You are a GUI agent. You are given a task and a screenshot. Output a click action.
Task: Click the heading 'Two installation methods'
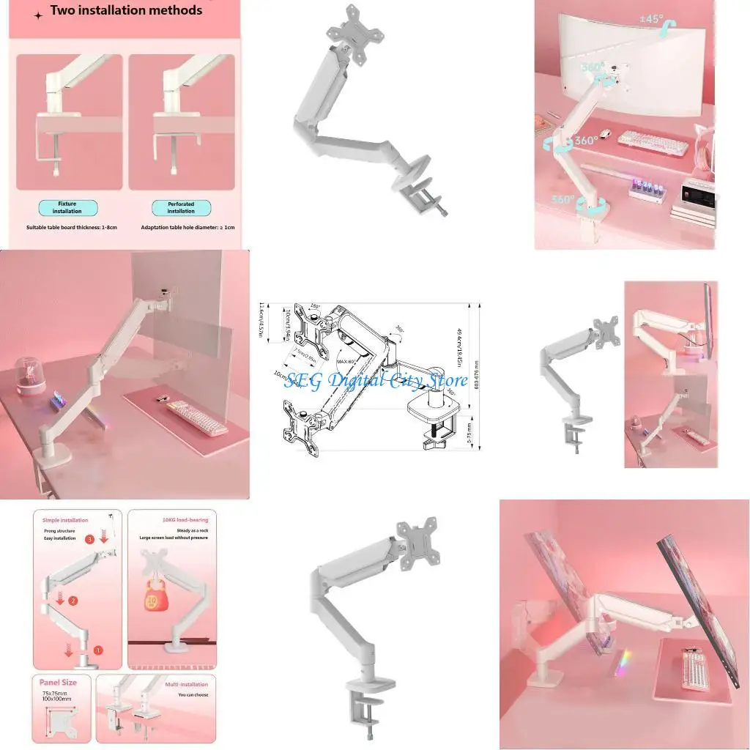click(125, 10)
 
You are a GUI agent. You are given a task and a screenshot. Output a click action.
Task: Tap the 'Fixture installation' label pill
click(67, 207)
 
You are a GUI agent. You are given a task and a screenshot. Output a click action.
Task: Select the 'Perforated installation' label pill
click(181, 207)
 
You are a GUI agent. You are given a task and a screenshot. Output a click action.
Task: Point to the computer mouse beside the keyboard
click(605, 134)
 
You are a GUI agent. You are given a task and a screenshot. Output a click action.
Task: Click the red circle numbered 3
click(89, 539)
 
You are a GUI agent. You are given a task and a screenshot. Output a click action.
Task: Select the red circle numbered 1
click(99, 650)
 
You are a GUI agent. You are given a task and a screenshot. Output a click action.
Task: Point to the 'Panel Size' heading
click(58, 682)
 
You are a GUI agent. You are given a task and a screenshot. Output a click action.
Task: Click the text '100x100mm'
click(55, 701)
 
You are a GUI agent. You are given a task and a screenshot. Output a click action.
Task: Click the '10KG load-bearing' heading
click(171, 519)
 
